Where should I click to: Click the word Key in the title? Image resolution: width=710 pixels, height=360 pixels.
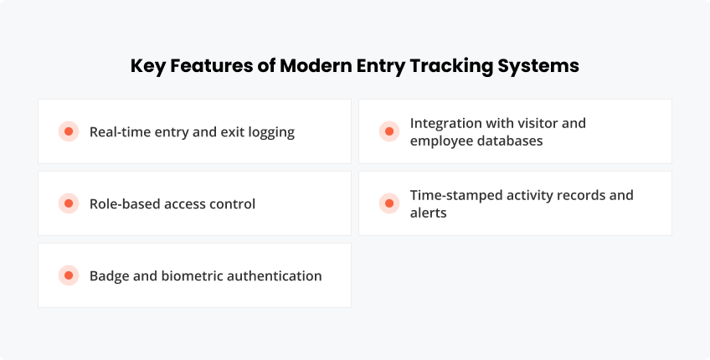point(148,66)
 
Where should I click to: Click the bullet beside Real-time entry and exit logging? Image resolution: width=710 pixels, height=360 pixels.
point(68,131)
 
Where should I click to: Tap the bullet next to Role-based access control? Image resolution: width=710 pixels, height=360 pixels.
point(68,203)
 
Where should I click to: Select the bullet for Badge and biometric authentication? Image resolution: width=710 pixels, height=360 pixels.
point(68,275)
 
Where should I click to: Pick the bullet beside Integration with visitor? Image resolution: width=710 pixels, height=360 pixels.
point(388,131)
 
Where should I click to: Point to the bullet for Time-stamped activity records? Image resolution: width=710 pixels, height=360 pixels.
point(388,203)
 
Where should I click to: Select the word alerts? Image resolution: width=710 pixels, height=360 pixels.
point(428,213)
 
